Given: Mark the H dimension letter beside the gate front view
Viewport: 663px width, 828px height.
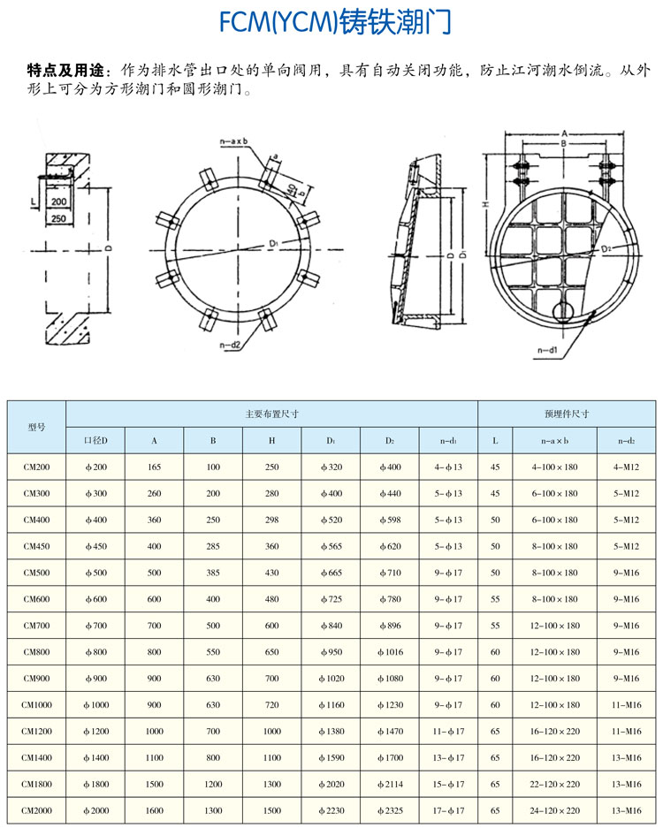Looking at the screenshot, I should click(x=486, y=204).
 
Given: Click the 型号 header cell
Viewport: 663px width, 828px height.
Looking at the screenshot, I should click(x=36, y=426).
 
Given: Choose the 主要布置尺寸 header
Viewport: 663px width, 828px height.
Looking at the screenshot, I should click(x=271, y=413).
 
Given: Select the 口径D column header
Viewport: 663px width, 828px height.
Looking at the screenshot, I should click(x=95, y=440).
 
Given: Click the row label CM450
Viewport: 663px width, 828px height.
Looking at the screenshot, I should click(x=36, y=546).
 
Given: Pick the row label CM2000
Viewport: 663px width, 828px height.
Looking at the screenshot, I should click(x=36, y=810).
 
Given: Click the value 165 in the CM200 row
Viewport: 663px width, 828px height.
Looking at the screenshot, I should click(x=154, y=467).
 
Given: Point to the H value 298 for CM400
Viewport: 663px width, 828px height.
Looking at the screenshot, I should click(x=272, y=520).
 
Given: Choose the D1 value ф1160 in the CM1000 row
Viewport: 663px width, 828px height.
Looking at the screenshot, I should click(x=331, y=705).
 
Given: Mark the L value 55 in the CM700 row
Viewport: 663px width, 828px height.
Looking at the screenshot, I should click(x=495, y=626).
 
